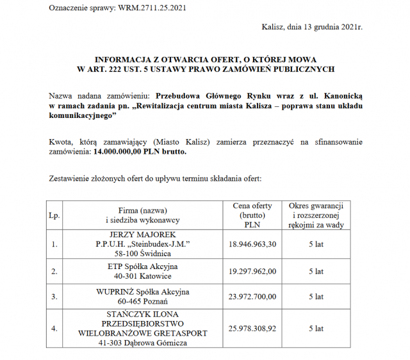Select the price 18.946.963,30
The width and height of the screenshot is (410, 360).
(x=252, y=244)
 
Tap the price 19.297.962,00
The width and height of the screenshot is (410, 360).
(x=252, y=271)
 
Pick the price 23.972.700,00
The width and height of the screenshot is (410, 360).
(x=252, y=297)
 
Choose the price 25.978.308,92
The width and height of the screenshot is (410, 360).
(x=252, y=328)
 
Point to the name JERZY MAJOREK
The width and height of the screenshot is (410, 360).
(x=143, y=234)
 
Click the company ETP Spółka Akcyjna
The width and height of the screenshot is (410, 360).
(x=143, y=266)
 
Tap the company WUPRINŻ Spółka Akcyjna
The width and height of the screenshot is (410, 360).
(x=143, y=291)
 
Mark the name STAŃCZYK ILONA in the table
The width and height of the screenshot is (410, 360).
(x=143, y=314)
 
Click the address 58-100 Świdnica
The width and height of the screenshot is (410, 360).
(x=143, y=254)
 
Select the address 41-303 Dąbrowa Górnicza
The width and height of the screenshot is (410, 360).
(x=143, y=343)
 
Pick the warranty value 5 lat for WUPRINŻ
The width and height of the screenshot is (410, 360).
(x=316, y=297)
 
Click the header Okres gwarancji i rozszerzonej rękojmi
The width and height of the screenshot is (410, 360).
(x=316, y=216)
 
